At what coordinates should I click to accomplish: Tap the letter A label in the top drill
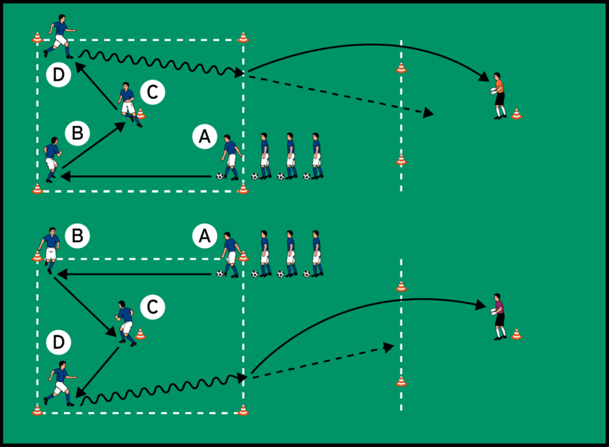click(x=204, y=136)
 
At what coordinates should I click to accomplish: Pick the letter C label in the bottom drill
click(x=151, y=306)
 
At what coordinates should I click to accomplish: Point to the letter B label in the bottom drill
click(x=77, y=236)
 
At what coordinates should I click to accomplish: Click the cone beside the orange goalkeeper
click(x=517, y=114)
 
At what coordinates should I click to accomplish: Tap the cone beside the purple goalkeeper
click(x=517, y=335)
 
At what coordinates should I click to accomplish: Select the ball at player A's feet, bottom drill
click(x=220, y=273)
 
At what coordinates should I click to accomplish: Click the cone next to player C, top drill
click(x=141, y=113)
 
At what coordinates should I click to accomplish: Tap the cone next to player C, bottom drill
click(x=140, y=334)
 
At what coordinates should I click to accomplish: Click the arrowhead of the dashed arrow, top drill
click(x=429, y=113)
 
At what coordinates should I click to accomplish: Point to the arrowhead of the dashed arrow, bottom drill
click(x=388, y=346)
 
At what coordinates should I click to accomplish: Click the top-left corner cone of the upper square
click(x=37, y=37)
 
